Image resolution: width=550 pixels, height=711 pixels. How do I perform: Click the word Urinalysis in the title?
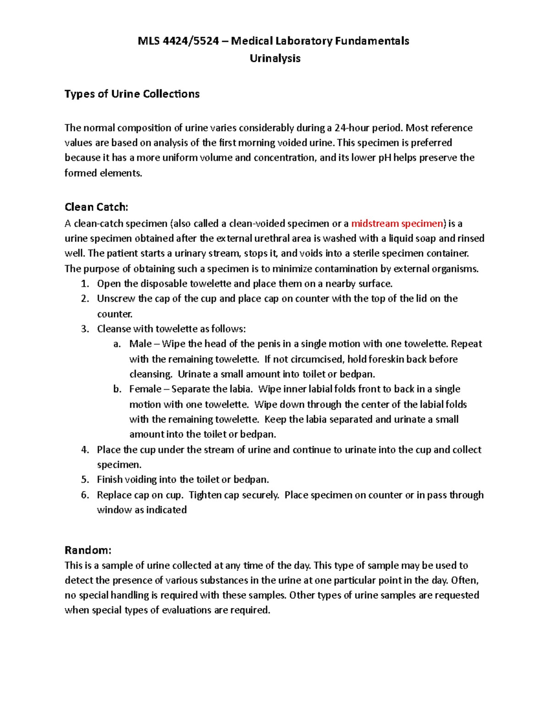click(x=275, y=58)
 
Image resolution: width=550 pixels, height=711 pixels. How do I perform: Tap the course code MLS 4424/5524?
click(x=178, y=41)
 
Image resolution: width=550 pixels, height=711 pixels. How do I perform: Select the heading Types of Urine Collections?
click(x=132, y=94)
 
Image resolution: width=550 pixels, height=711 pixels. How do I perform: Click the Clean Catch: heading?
click(x=96, y=207)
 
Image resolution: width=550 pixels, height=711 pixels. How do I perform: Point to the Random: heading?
click(x=88, y=550)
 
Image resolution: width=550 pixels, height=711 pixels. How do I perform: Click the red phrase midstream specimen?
click(x=397, y=223)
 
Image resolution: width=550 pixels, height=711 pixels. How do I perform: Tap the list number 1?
click(x=85, y=284)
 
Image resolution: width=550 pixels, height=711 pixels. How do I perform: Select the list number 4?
click(x=85, y=450)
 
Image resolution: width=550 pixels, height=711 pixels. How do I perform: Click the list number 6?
click(x=85, y=495)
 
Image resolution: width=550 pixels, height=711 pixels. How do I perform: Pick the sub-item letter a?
click(x=117, y=344)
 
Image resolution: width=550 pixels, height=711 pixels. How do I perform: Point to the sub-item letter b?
click(x=117, y=389)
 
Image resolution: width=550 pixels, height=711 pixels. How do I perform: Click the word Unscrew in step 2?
click(x=116, y=299)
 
